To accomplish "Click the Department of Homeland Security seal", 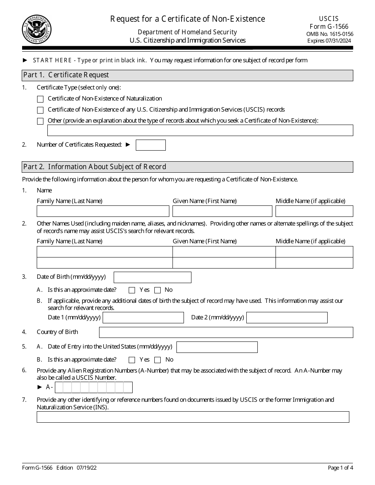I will click(37, 30).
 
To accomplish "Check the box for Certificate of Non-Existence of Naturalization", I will click(40, 99).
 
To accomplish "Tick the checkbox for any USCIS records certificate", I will click(40, 110).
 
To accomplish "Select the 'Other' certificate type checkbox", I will click(40, 121).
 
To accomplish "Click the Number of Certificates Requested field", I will click(150, 145).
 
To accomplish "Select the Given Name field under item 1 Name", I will click(222, 211).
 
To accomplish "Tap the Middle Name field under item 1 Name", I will click(314, 211).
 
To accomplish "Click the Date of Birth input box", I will click(152, 277).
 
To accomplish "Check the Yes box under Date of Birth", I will click(132, 290).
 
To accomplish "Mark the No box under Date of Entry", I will click(157, 360).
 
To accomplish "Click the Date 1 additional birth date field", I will click(143, 318).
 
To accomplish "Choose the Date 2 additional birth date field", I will click(287, 318).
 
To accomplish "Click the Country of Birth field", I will click(226, 332).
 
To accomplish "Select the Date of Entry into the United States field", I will click(217, 347).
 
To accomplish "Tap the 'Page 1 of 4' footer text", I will click(340, 468).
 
